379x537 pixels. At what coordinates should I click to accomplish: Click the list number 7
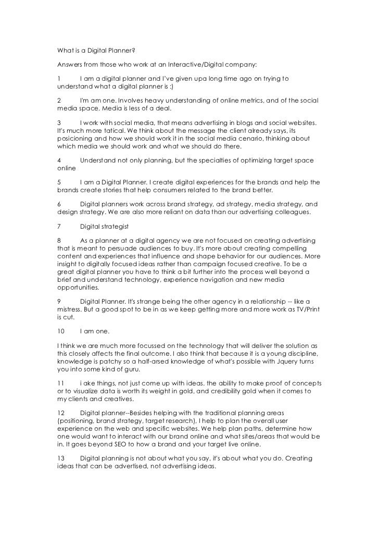[x=59, y=227]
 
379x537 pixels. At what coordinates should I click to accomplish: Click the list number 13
[x=61, y=457]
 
